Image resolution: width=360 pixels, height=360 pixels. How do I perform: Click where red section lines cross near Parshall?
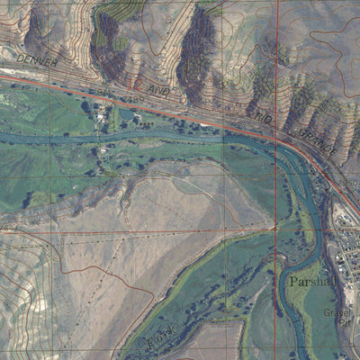point(275,229)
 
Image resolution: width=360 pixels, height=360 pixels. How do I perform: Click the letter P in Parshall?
point(293,282)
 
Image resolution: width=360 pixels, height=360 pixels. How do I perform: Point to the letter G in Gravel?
point(326,313)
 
